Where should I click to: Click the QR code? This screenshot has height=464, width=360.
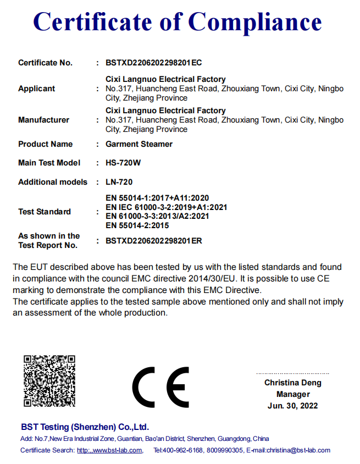point(49,381)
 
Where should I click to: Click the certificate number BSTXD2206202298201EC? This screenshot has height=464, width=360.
point(153,63)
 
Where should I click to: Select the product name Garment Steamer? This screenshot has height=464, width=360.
point(139,144)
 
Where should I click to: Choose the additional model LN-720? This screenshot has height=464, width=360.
point(119,182)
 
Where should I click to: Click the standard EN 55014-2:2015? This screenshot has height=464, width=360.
point(137,225)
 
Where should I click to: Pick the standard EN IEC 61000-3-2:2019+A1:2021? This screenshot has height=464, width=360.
point(166,207)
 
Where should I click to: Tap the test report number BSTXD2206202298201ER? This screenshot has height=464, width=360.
point(153,241)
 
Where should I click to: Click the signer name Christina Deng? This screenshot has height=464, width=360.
point(293,383)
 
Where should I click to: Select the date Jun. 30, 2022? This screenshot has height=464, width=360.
point(293,406)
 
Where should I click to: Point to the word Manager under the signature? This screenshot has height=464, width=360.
point(293,394)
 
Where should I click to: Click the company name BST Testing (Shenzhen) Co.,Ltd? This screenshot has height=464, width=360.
point(85,427)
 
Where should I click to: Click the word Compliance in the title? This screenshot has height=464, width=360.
point(255,22)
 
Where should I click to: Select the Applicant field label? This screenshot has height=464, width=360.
point(37,89)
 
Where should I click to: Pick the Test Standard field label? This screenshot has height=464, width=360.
point(45,212)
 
